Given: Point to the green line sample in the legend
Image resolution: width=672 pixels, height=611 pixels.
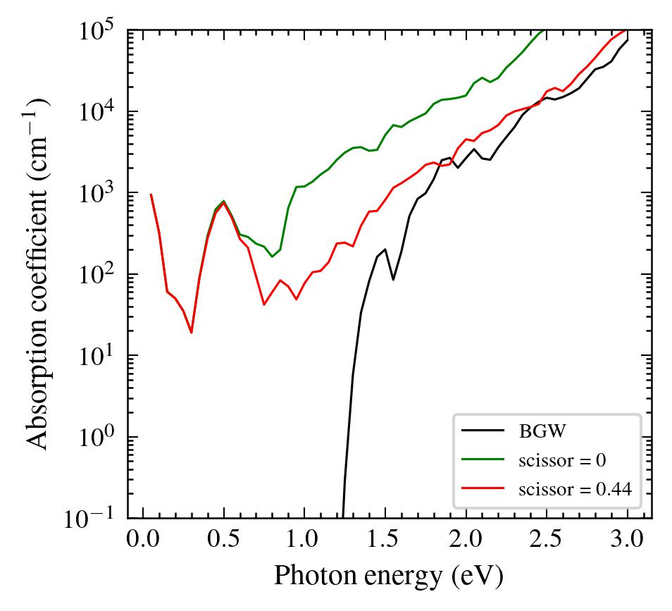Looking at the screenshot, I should [483, 459].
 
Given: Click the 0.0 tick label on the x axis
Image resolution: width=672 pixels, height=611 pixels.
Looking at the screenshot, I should [144, 542].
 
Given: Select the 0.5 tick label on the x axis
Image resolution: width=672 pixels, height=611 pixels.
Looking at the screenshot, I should [224, 542].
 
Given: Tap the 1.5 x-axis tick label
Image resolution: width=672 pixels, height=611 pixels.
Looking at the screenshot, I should [385, 542].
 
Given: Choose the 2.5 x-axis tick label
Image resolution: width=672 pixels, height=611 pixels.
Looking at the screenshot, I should [547, 542].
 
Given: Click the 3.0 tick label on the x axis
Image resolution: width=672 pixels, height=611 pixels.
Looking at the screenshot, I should [627, 542].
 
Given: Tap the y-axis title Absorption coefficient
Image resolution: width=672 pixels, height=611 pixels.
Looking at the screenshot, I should [39, 273].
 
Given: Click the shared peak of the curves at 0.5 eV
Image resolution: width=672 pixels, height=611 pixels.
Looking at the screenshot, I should [223, 202].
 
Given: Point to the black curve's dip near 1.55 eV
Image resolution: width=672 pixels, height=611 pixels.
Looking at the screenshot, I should [393, 280].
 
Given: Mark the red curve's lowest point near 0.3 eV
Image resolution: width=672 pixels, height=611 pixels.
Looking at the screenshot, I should [191, 333].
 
